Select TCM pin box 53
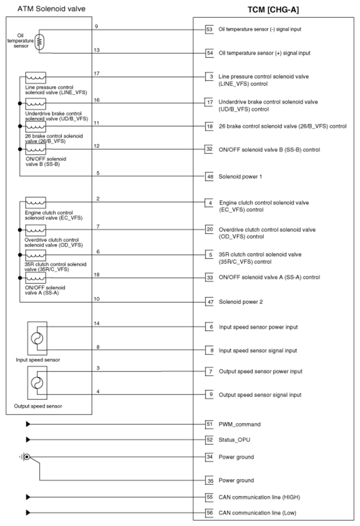[x=209, y=29]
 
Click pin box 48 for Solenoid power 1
[x=209, y=176]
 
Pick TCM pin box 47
[x=209, y=302]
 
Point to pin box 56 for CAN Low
[x=209, y=513]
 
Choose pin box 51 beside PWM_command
[x=209, y=424]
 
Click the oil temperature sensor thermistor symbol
[x=39, y=42]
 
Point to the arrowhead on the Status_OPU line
[x=27, y=440]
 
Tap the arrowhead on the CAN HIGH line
[x=27, y=496]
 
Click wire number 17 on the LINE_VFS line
[x=97, y=74]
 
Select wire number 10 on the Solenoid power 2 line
[x=97, y=299]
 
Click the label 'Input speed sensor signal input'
[x=257, y=351]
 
